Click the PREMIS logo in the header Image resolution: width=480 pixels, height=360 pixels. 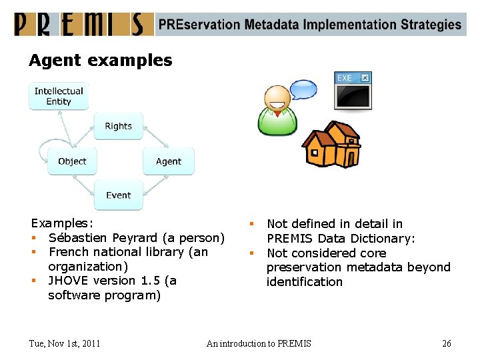pyautogui.click(x=80, y=24)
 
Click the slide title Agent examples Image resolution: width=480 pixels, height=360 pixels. pyautogui.click(x=100, y=61)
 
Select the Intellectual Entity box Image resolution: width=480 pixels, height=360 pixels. pyautogui.click(x=59, y=97)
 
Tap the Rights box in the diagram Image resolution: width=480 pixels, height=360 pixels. pyautogui.click(x=118, y=126)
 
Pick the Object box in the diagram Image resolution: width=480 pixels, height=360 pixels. pyautogui.click(x=72, y=161)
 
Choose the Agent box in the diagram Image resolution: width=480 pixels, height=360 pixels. pyautogui.click(x=168, y=161)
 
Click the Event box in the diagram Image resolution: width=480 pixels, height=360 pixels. pyautogui.click(x=118, y=195)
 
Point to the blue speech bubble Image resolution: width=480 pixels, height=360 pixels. pyautogui.click(x=303, y=89)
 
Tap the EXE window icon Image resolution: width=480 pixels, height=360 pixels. pyautogui.click(x=353, y=91)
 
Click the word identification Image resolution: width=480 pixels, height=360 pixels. pyautogui.click(x=304, y=282)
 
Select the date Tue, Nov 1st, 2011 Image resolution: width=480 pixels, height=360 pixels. pyautogui.click(x=65, y=343)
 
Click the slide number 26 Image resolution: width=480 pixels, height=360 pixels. pyautogui.click(x=446, y=343)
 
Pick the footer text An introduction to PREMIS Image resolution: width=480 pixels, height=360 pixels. pyautogui.click(x=259, y=343)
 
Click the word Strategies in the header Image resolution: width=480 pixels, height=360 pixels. pyautogui.click(x=431, y=25)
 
